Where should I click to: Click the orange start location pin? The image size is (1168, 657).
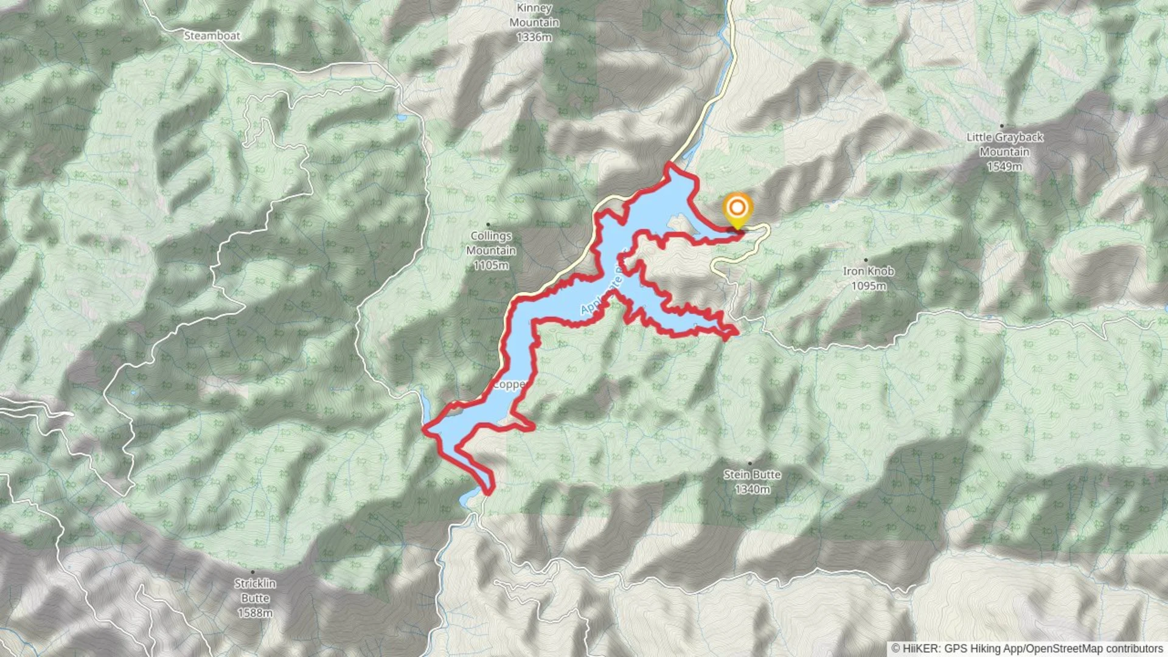click(x=737, y=209)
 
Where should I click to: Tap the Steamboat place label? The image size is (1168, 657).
click(x=212, y=36)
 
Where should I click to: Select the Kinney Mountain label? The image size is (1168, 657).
click(x=534, y=15)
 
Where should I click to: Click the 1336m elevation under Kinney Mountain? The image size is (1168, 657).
click(x=534, y=37)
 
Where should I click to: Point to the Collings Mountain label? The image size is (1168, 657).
click(x=491, y=243)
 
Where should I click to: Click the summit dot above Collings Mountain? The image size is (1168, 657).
click(x=488, y=224)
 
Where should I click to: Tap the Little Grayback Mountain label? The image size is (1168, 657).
click(x=1005, y=144)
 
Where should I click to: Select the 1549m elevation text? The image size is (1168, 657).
click(x=1004, y=166)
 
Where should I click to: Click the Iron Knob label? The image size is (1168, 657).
click(x=868, y=271)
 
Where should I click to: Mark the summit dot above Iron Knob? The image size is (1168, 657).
click(x=866, y=260)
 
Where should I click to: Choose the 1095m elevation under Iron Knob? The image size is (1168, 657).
click(x=868, y=286)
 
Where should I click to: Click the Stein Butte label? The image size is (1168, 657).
click(x=752, y=474)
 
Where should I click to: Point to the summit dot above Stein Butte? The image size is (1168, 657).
click(x=750, y=464)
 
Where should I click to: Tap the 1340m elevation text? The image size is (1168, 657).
click(x=752, y=489)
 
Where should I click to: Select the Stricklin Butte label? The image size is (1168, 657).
click(x=255, y=590)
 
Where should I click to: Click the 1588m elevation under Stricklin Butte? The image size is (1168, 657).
click(x=255, y=613)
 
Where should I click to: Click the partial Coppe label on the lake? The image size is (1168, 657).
click(x=509, y=384)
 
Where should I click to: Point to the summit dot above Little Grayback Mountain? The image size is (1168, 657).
click(x=1002, y=126)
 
